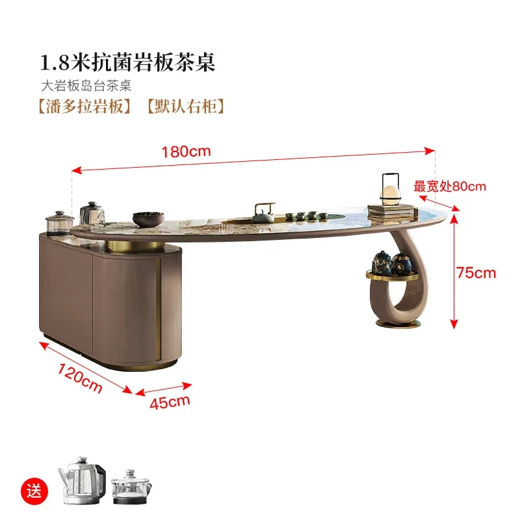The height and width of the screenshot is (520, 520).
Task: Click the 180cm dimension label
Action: (x=186, y=151)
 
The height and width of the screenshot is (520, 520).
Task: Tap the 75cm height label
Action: (x=476, y=273)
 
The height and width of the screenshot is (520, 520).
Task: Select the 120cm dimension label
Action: (x=80, y=378)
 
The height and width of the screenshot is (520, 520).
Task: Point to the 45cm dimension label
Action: (x=170, y=402)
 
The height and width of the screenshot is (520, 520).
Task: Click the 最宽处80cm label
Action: (x=450, y=187)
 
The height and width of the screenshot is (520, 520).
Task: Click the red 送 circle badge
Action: (x=34, y=491)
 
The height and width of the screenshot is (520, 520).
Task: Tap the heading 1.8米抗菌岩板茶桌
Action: (x=127, y=62)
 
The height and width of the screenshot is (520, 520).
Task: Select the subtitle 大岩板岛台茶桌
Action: (x=86, y=86)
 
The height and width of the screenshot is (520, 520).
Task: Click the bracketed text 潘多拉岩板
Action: (x=85, y=107)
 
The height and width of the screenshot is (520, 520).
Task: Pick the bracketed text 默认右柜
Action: (x=186, y=107)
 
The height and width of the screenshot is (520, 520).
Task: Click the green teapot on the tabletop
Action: (x=264, y=213)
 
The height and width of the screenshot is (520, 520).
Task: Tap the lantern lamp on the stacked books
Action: (x=391, y=189)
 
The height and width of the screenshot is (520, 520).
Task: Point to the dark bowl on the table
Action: (x=148, y=219)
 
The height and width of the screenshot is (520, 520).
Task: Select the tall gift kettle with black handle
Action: (x=82, y=480)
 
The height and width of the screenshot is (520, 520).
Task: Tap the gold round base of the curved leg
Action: (x=398, y=323)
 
